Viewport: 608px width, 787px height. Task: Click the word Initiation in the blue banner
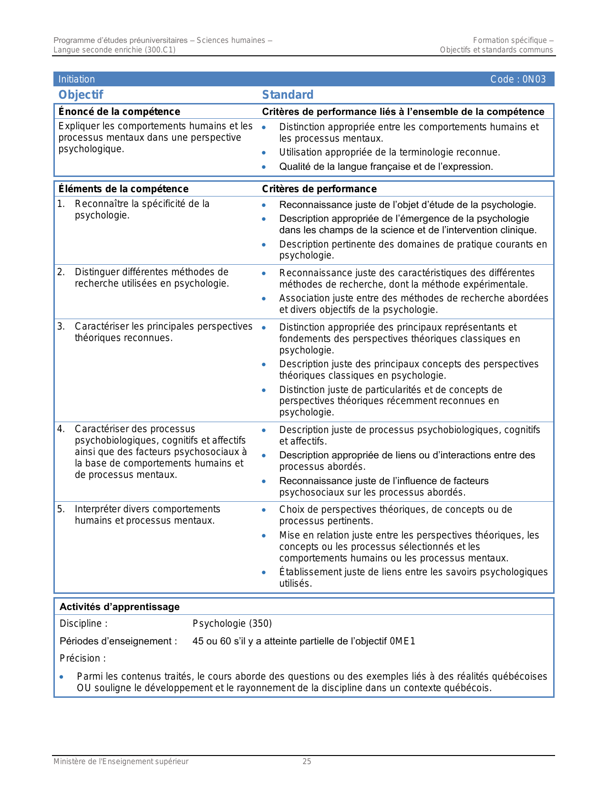pyautogui.click(x=77, y=79)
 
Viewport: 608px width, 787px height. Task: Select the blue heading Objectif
pyautogui.click(x=81, y=94)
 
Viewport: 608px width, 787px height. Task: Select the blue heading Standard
pyautogui.click(x=288, y=94)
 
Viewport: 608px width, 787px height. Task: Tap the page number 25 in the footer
pyautogui.click(x=307, y=761)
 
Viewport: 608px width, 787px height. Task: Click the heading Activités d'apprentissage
pyautogui.click(x=120, y=607)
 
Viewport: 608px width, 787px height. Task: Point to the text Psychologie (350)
pyautogui.click(x=232, y=623)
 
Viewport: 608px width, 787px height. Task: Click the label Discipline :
pyautogui.click(x=83, y=623)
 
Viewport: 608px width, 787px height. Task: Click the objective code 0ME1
pyautogui.click(x=402, y=641)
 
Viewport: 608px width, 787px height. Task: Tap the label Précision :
pyautogui.click(x=82, y=658)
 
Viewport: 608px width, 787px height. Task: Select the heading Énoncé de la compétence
pyautogui.click(x=119, y=112)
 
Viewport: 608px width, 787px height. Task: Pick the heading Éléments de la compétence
pyautogui.click(x=124, y=189)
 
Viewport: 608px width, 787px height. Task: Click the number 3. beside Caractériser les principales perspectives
pyautogui.click(x=61, y=326)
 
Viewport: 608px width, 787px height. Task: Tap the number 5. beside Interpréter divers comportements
pyautogui.click(x=61, y=509)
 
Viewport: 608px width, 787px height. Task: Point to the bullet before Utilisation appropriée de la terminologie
pyautogui.click(x=264, y=153)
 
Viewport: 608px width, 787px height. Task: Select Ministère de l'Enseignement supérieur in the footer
pyautogui.click(x=121, y=761)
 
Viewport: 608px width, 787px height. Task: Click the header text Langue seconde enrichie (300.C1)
pyautogui.click(x=114, y=50)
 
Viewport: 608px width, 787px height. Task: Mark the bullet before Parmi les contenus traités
pyautogui.click(x=62, y=677)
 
